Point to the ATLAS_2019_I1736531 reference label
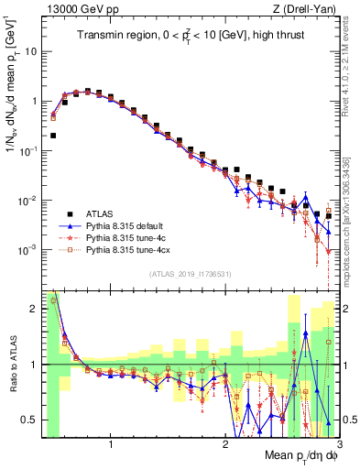point(190,274)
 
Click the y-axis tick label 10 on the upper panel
point(31,52)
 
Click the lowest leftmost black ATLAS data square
point(53,136)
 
